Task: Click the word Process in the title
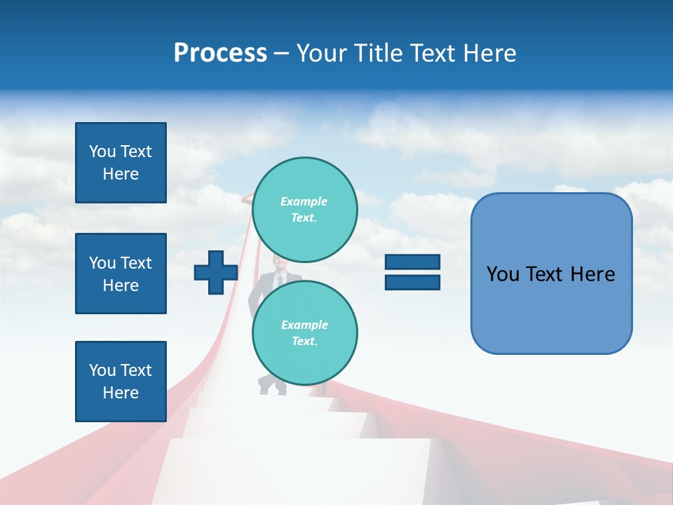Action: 220,53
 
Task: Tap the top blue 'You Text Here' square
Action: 121,163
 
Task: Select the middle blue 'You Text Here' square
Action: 121,274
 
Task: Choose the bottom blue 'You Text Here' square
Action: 121,381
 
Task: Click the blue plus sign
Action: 215,272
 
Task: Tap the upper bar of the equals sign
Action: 412,262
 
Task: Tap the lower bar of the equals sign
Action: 412,282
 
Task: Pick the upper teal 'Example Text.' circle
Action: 304,210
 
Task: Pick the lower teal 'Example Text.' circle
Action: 304,332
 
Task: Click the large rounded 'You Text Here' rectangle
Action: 551,274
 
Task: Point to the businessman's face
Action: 279,266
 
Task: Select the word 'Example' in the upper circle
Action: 304,202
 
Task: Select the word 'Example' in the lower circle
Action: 304,325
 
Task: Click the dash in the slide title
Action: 281,53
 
